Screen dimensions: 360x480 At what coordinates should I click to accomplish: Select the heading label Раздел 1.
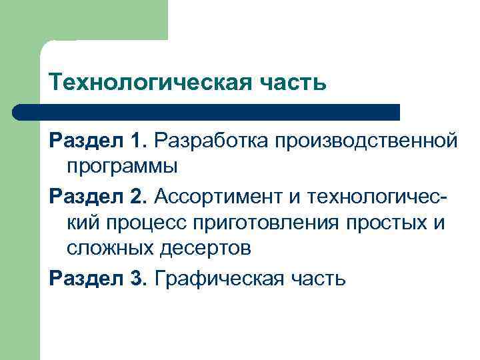97,140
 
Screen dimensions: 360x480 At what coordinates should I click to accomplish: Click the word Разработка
209,140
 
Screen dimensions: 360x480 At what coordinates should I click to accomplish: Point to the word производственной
363,140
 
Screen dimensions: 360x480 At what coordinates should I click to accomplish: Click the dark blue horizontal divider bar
207,111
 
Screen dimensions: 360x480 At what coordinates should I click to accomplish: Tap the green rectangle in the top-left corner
83,20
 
